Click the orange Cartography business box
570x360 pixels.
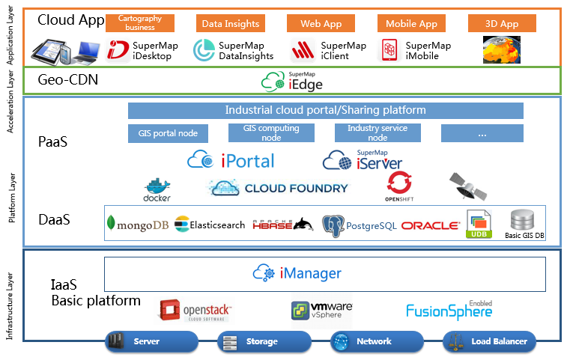(140, 23)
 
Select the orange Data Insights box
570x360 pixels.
(231, 23)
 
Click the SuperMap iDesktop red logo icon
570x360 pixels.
(118, 50)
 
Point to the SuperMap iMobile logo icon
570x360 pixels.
(389, 50)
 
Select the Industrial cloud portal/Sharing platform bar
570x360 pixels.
(325, 111)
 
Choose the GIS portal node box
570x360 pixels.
(168, 133)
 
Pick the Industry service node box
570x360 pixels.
(378, 133)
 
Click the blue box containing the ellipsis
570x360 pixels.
(482, 133)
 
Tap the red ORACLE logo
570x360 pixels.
(430, 225)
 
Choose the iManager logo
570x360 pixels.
(297, 273)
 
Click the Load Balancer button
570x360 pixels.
(491, 341)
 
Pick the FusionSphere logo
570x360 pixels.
(449, 310)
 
